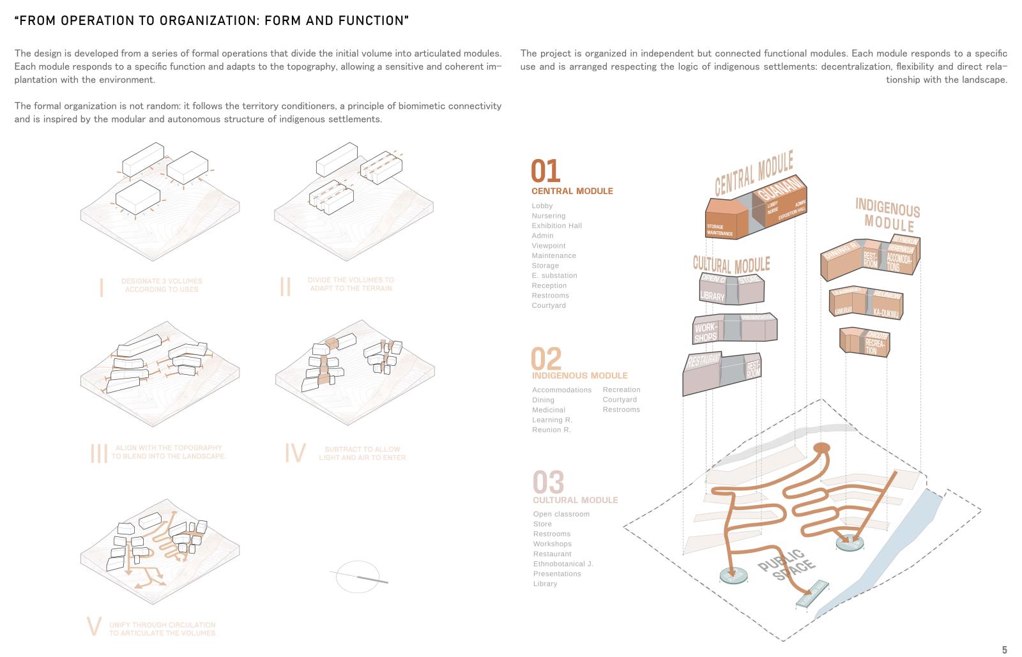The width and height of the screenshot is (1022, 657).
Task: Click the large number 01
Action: [x=545, y=171]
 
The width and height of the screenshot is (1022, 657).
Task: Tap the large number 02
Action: [x=546, y=359]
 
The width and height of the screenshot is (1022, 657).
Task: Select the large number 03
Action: [x=548, y=482]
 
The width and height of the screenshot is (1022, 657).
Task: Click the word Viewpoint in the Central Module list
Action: [x=548, y=246]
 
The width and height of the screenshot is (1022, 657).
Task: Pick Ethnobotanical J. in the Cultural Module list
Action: [x=563, y=564]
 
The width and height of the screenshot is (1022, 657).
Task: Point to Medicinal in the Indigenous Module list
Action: [x=548, y=410]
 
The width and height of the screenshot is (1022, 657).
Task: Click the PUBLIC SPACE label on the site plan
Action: [x=786, y=564]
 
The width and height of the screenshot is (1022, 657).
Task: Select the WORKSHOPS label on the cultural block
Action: [x=706, y=333]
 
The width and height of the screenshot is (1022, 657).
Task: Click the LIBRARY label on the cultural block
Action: [x=712, y=296]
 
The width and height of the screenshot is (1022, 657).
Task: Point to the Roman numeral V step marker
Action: [x=94, y=627]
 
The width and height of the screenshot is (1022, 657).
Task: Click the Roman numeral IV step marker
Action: [x=294, y=453]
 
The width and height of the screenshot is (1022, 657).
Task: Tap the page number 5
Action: [x=1004, y=650]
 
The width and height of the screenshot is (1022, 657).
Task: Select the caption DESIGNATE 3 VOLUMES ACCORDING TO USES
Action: [x=162, y=285]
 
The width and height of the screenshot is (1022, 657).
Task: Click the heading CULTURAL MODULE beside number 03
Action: [x=575, y=500]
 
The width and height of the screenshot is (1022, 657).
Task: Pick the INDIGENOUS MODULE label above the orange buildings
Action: [x=888, y=215]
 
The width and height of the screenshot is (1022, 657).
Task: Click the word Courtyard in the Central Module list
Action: [x=549, y=306]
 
